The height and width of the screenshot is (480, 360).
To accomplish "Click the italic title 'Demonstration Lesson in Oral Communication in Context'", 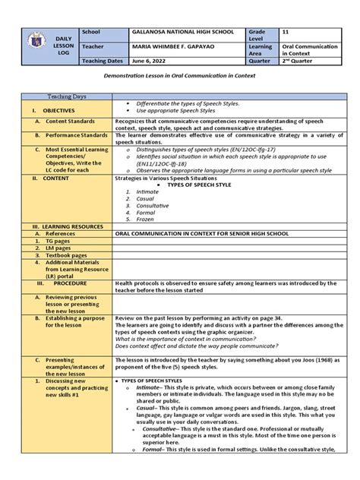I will pyautogui.click(x=179, y=79).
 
